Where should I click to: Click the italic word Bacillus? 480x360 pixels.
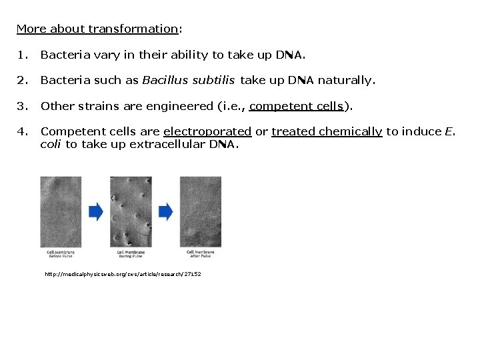[165, 81]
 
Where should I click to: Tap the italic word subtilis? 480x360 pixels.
[213, 81]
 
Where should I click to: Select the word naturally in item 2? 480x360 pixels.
[346, 81]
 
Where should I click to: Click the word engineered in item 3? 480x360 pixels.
[182, 106]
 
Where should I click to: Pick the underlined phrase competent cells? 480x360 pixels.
[296, 106]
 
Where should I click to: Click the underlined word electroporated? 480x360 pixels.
[207, 131]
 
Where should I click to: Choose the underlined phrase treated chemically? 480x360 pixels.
[327, 131]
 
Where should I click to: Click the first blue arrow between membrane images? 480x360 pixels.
[96, 212]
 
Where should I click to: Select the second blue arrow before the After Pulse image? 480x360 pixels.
[165, 212]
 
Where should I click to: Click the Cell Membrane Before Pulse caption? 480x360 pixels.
[60, 254]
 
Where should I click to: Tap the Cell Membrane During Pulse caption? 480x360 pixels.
[131, 254]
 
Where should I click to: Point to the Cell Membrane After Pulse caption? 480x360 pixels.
[200, 254]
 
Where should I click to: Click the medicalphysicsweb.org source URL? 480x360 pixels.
[123, 274]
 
